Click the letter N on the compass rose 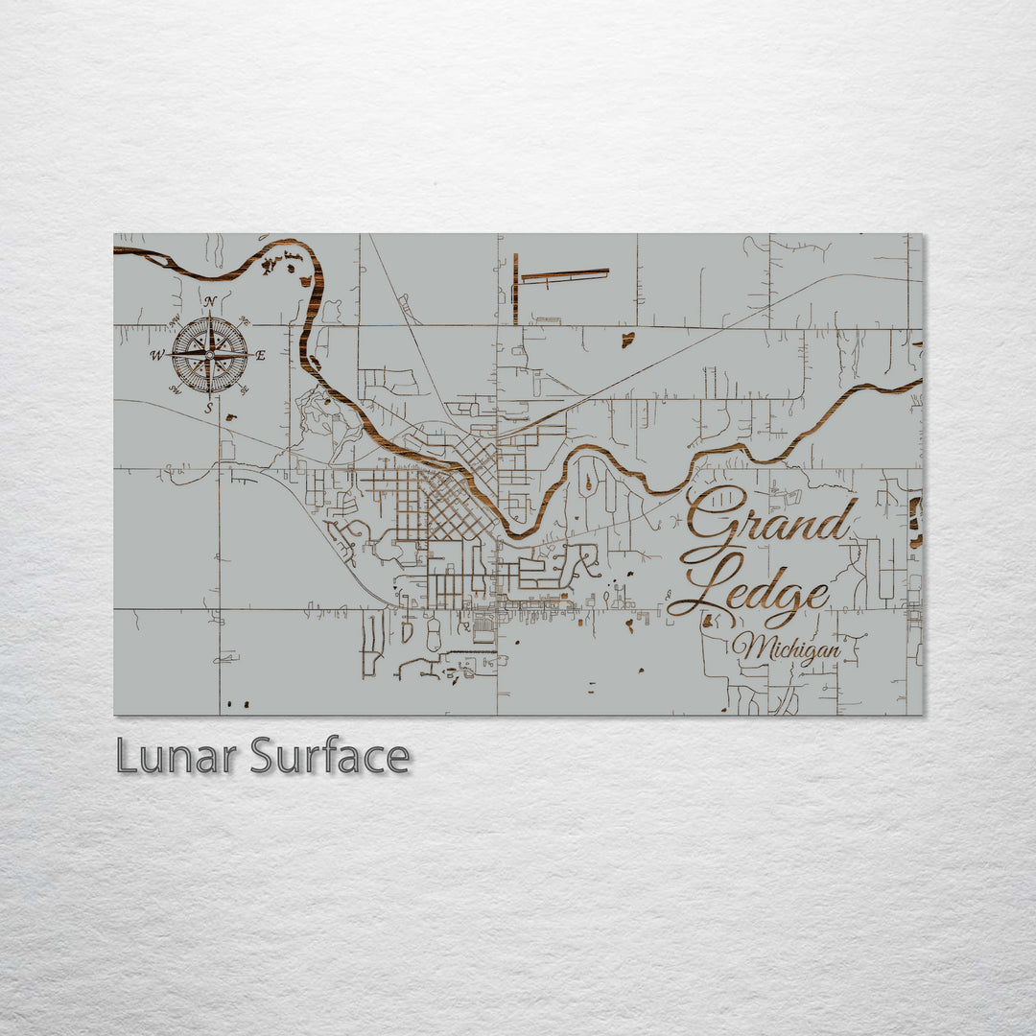209,301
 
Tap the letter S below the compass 209,409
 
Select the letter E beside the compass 260,356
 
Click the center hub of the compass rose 209,355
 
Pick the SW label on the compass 176,389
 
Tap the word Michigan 787,650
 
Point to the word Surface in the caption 330,757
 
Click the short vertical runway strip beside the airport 515,289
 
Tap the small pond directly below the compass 230,417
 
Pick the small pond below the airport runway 626,339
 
